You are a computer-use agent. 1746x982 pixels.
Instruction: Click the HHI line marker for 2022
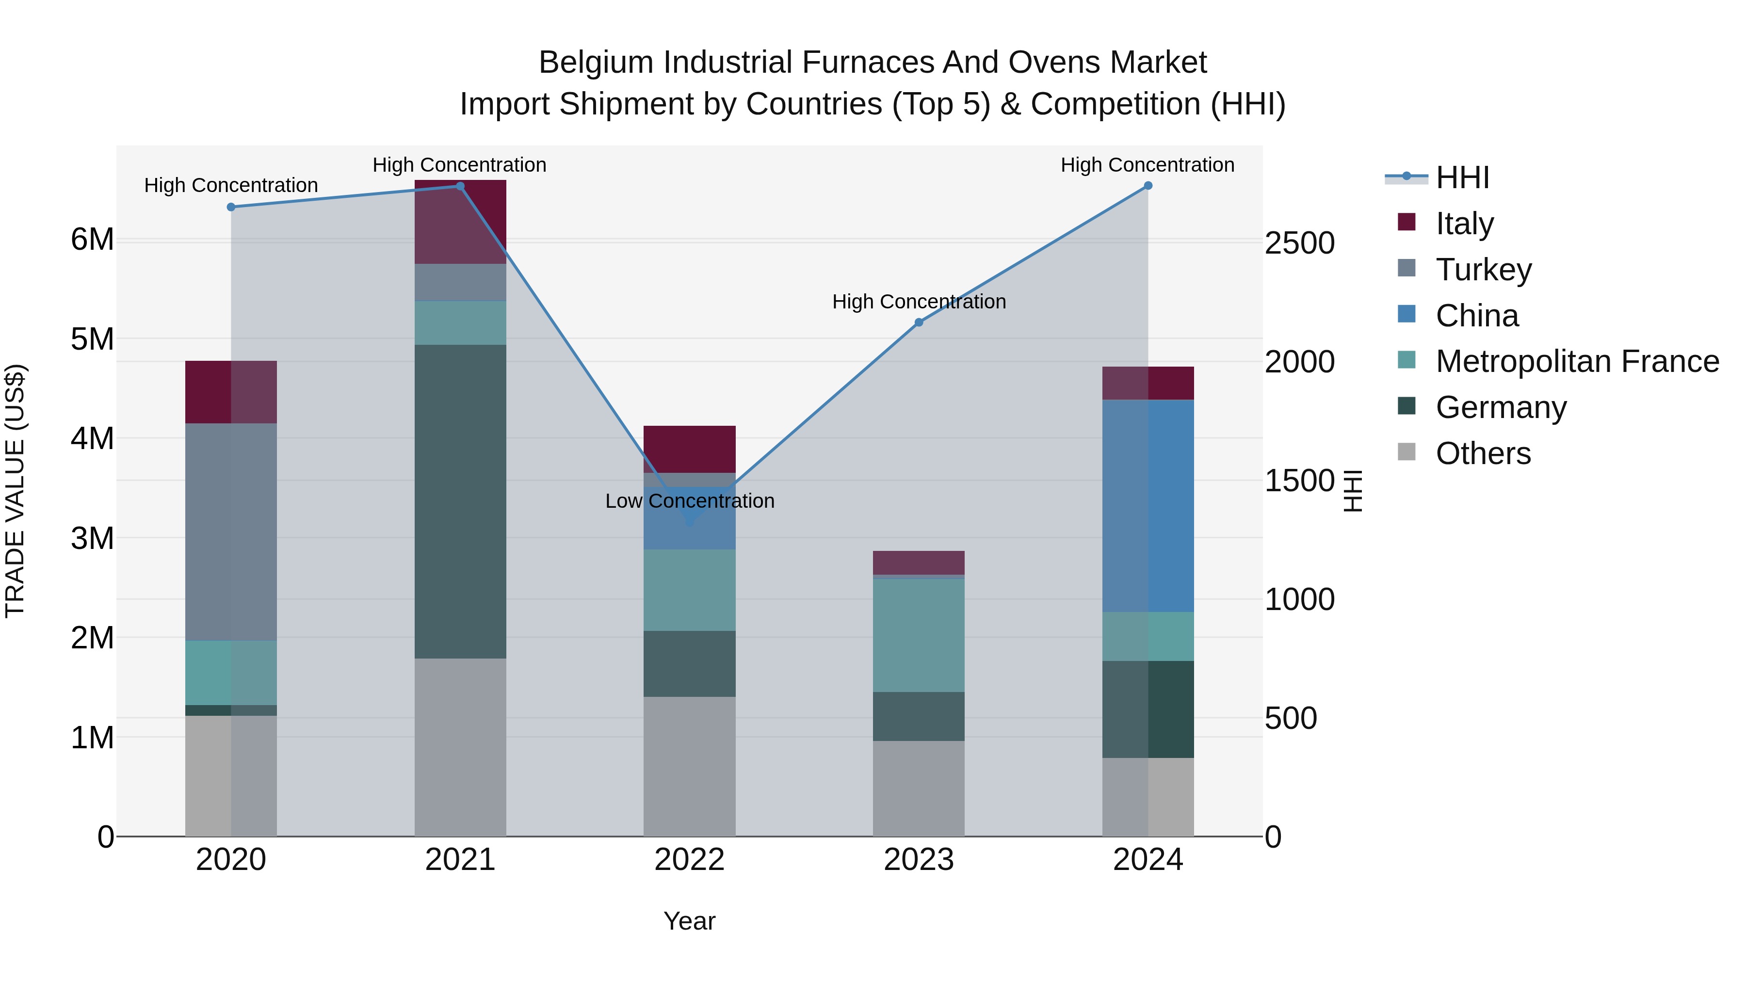689,522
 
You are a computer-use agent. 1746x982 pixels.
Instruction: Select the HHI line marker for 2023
919,322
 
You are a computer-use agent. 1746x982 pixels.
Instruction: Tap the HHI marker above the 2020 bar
231,207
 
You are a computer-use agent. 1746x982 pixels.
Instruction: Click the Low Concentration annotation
689,501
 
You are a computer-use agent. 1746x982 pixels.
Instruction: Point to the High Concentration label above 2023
919,302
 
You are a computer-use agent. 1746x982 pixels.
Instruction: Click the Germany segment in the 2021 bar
460,501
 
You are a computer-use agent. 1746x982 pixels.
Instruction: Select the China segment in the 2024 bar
1148,506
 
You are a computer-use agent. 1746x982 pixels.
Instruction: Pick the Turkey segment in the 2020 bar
231,532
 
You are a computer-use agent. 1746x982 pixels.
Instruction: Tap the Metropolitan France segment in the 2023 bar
919,635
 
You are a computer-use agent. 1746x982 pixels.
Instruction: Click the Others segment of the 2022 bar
689,766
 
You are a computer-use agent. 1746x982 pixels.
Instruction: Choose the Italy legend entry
1464,224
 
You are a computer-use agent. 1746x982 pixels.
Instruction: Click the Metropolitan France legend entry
1577,361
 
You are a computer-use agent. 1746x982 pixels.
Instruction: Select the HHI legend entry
1462,177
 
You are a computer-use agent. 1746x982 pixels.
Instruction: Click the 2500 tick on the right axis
1299,243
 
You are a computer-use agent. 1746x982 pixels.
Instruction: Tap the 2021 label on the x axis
460,860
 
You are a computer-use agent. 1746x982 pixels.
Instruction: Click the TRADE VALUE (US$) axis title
15,491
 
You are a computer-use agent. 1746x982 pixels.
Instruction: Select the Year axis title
689,921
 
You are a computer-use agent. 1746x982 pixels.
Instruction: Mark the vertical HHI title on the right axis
1353,491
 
